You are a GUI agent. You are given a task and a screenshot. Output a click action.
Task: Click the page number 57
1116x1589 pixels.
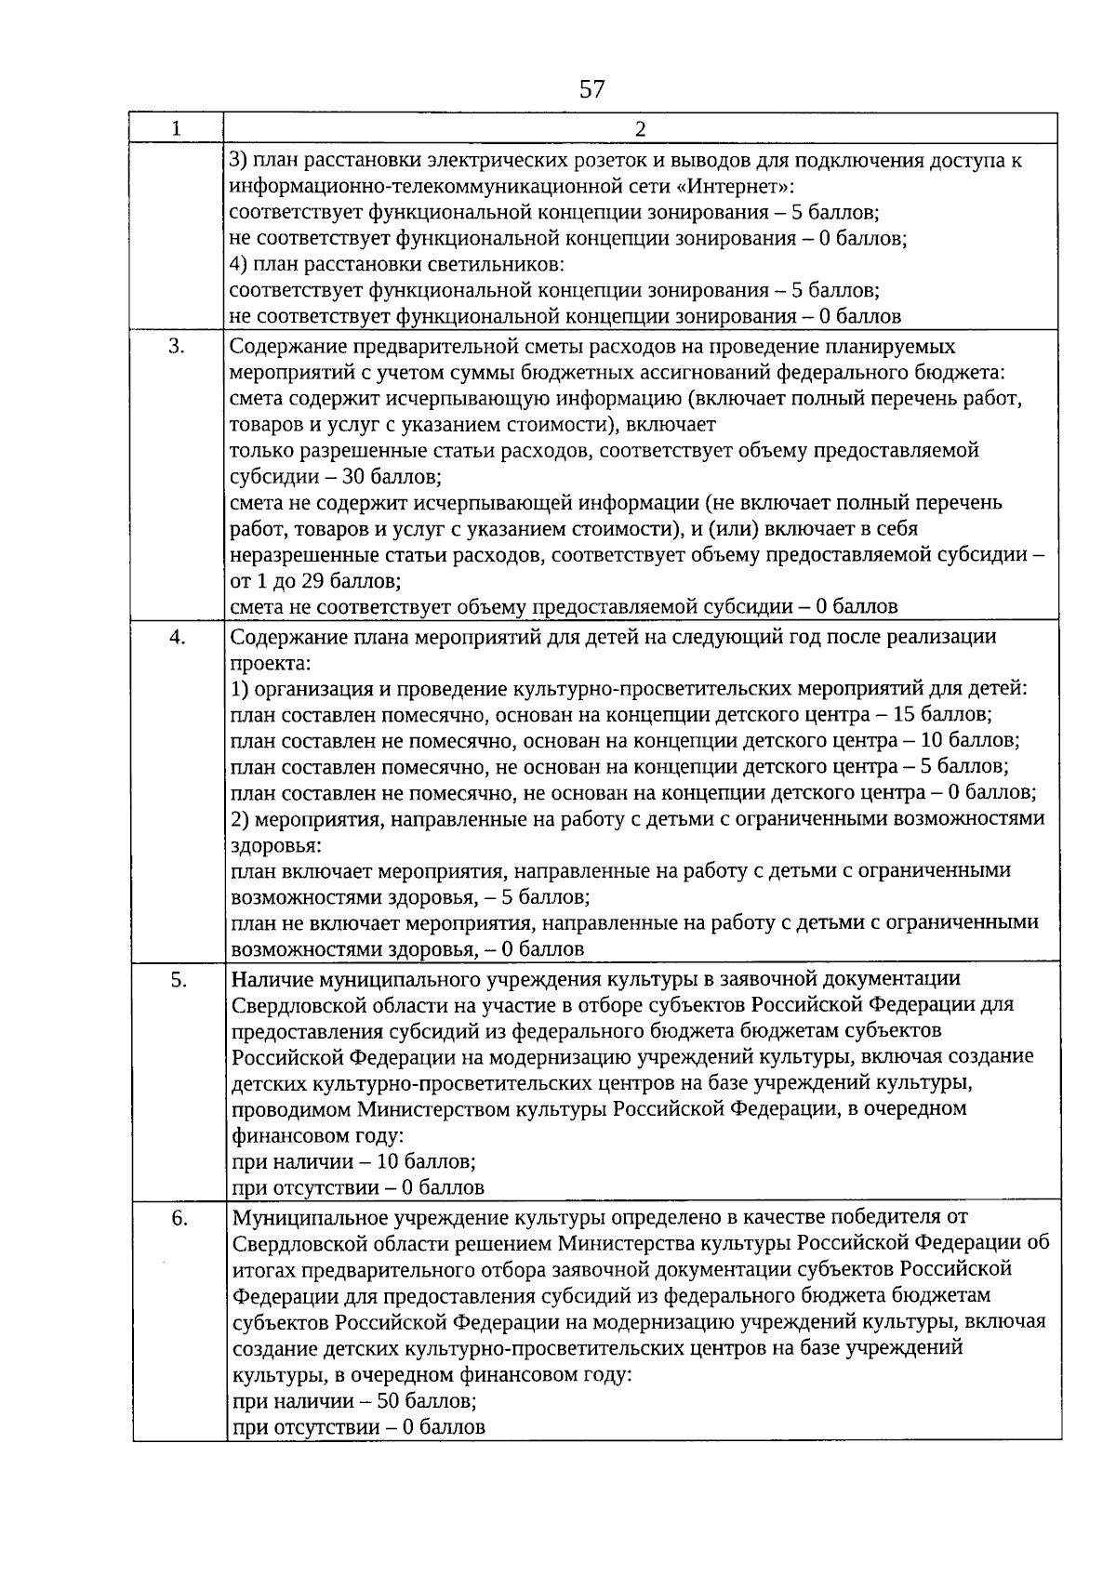pos(591,89)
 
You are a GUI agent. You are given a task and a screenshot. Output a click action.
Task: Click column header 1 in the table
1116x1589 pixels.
pos(176,128)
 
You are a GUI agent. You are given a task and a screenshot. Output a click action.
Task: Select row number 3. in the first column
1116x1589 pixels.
pos(176,347)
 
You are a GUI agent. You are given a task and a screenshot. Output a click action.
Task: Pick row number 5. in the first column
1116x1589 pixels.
pos(179,979)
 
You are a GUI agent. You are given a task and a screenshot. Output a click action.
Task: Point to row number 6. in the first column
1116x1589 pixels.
pos(179,1218)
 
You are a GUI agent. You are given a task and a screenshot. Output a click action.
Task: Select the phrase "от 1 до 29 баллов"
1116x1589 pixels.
pos(315,582)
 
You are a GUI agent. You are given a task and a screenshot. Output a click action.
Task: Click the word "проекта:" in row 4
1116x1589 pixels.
pos(271,664)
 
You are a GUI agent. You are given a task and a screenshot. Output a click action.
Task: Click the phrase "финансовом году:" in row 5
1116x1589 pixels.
pos(317,1136)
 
